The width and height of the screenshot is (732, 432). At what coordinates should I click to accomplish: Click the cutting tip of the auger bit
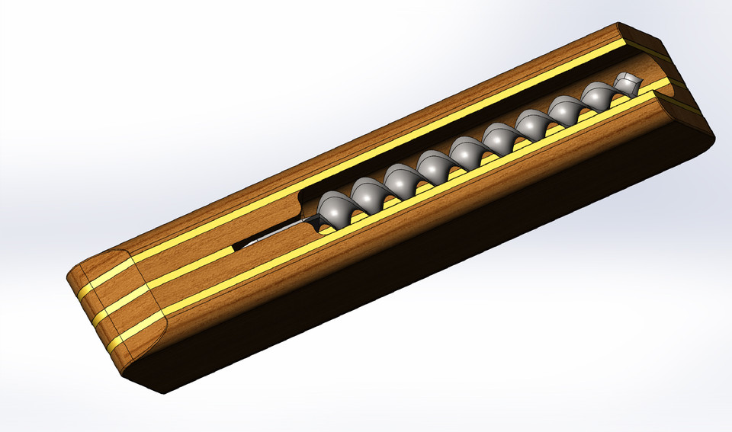[628, 82]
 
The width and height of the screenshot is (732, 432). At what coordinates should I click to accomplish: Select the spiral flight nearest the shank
[334, 208]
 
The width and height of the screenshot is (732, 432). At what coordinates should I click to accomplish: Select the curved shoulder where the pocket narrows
[303, 200]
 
